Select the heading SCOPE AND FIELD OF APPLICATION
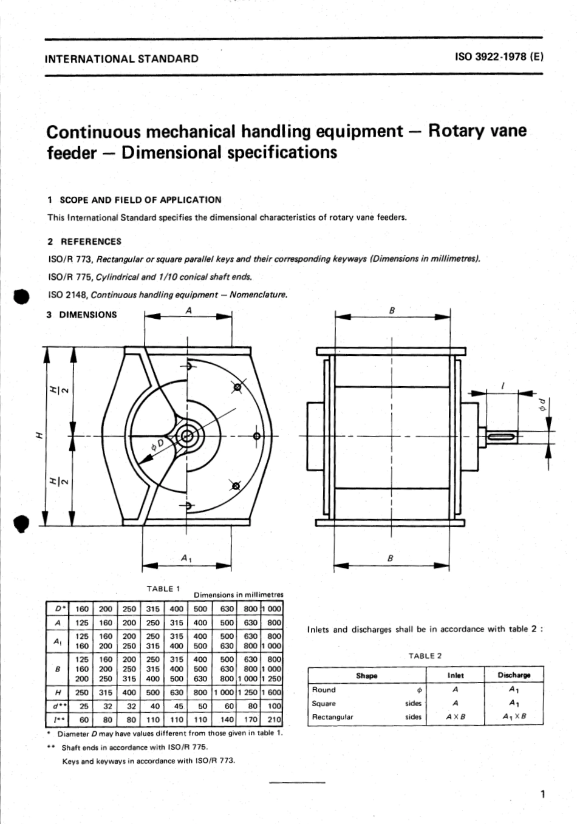(140, 200)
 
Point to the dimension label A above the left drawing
(188, 310)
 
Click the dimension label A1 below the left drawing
(186, 557)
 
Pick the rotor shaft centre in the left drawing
(186, 436)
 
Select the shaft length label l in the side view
(503, 386)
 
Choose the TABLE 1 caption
(163, 588)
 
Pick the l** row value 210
(275, 720)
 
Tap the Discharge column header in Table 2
(514, 675)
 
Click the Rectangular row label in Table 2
(333, 717)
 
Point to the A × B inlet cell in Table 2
(456, 717)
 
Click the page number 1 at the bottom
(542, 794)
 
